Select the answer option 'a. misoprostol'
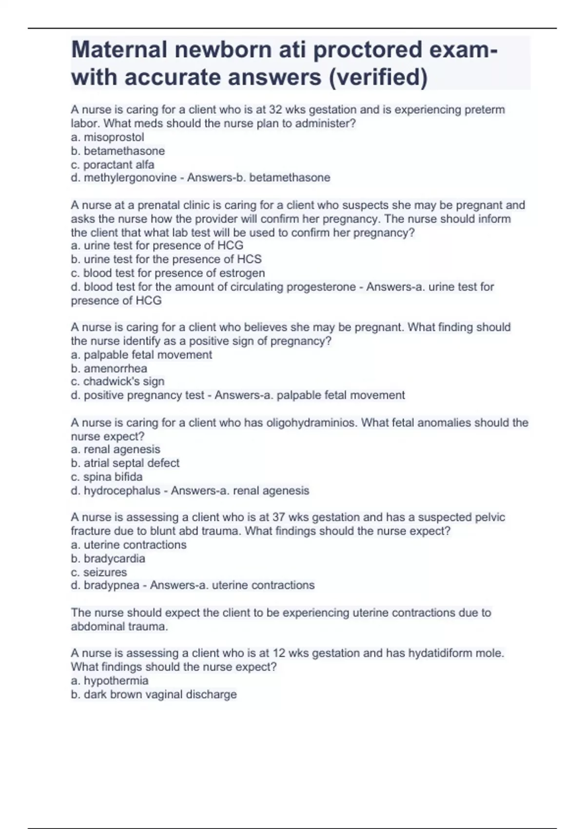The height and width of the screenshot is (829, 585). pyautogui.click(x=107, y=137)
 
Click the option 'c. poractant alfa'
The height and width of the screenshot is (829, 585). pyautogui.click(x=112, y=164)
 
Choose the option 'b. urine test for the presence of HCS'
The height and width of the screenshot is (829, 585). pyautogui.click(x=166, y=259)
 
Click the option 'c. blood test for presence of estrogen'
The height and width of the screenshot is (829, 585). pyautogui.click(x=168, y=273)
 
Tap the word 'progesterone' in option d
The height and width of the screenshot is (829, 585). pyautogui.click(x=321, y=287)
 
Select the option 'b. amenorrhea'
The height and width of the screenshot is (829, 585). pyautogui.click(x=109, y=368)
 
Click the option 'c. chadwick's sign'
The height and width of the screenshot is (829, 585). pyautogui.click(x=117, y=381)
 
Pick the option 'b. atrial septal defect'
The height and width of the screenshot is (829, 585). pyautogui.click(x=125, y=463)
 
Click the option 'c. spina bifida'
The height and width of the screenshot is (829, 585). pyautogui.click(x=106, y=476)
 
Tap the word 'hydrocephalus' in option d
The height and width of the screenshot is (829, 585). pyautogui.click(x=122, y=491)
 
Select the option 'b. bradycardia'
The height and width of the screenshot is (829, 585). pyautogui.click(x=108, y=558)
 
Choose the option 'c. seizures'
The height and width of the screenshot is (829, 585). pyautogui.click(x=98, y=572)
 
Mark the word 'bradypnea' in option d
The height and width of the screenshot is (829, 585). pyautogui.click(x=112, y=585)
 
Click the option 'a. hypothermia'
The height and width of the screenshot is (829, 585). pyautogui.click(x=109, y=680)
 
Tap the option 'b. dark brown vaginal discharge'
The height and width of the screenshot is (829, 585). pyautogui.click(x=154, y=694)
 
